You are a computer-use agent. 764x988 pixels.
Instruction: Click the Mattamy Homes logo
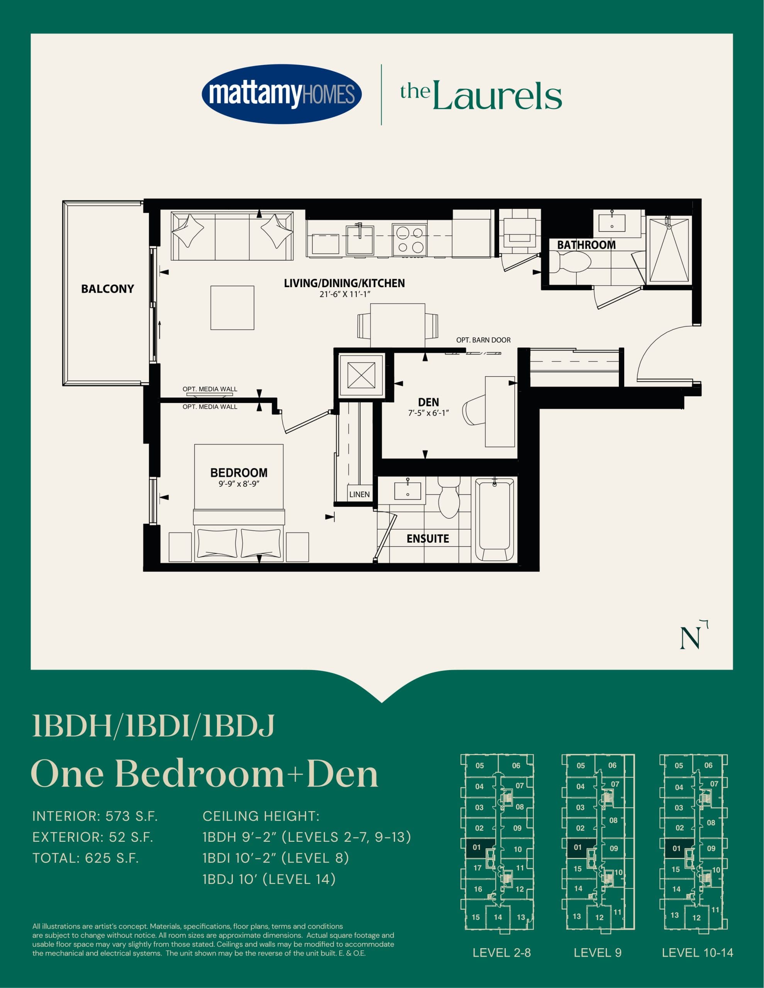pyautogui.click(x=281, y=94)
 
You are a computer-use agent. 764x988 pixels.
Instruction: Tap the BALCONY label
pyautogui.click(x=107, y=289)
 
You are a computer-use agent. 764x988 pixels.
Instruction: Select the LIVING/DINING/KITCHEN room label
pyautogui.click(x=344, y=283)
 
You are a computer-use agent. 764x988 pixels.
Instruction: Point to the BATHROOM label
pyautogui.click(x=586, y=245)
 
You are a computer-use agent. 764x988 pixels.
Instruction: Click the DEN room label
pyautogui.click(x=428, y=402)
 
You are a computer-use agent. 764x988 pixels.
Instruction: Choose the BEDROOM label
pyautogui.click(x=239, y=473)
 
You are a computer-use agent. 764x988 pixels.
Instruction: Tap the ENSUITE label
pyautogui.click(x=428, y=539)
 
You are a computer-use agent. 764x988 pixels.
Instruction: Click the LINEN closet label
pyautogui.click(x=359, y=494)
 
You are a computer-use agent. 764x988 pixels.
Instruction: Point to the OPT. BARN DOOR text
pyautogui.click(x=483, y=340)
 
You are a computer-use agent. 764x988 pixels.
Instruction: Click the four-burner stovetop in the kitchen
pyautogui.click(x=409, y=240)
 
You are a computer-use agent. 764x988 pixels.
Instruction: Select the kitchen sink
pyautogui.click(x=360, y=240)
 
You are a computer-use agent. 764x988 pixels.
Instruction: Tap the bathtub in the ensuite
pyautogui.click(x=494, y=520)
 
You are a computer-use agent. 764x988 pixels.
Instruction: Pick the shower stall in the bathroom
pyautogui.click(x=669, y=250)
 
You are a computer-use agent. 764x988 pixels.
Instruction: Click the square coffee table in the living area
pyautogui.click(x=232, y=308)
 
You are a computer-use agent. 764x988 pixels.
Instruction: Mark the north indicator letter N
pyautogui.click(x=690, y=638)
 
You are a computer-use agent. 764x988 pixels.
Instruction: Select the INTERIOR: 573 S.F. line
pyautogui.click(x=95, y=817)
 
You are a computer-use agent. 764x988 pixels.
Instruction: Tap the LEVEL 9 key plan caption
pyautogui.click(x=598, y=953)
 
